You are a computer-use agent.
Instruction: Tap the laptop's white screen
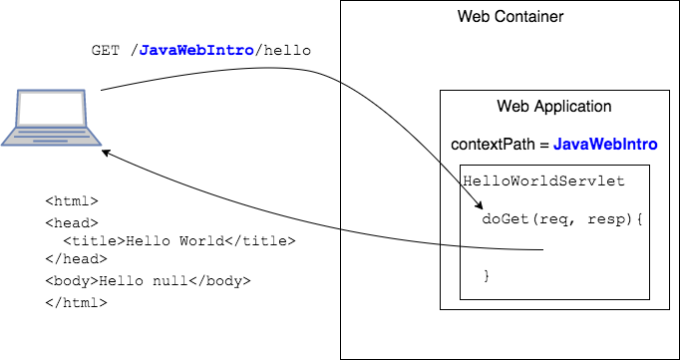(52, 110)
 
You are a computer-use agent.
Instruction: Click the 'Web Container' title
(510, 17)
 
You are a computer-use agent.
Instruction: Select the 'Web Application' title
(554, 107)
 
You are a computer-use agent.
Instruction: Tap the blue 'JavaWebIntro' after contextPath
(605, 145)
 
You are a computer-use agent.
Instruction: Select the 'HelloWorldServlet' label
(544, 181)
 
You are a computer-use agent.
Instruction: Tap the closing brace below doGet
(487, 274)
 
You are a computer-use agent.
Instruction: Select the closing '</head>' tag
(76, 260)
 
